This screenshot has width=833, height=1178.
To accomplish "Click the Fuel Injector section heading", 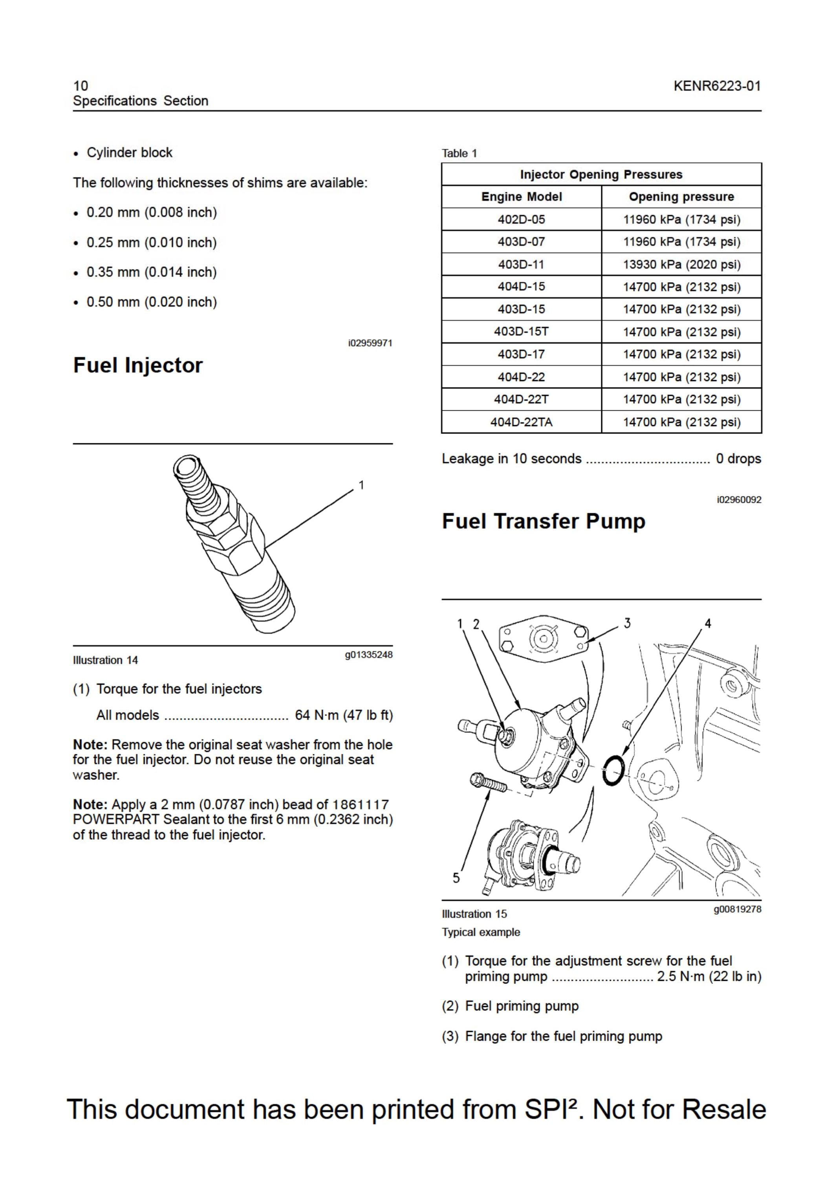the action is [x=137, y=365].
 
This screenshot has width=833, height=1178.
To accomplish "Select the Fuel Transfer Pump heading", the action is [x=544, y=521].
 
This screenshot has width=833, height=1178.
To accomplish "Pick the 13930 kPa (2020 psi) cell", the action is [x=681, y=264].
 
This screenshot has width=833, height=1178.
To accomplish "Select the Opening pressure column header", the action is [x=681, y=196].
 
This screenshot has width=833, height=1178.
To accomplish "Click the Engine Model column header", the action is [x=522, y=196].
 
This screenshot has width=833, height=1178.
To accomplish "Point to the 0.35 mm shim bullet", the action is [x=145, y=272].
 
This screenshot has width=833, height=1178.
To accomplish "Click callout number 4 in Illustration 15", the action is [x=708, y=624].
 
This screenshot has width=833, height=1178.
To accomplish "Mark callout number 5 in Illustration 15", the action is [x=456, y=878].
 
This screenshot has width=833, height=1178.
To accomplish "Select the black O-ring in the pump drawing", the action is [x=614, y=769].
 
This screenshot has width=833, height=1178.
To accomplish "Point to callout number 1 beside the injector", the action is [x=361, y=485].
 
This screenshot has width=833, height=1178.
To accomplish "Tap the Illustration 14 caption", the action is [x=105, y=660].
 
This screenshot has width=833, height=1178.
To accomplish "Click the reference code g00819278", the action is [x=737, y=909].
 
